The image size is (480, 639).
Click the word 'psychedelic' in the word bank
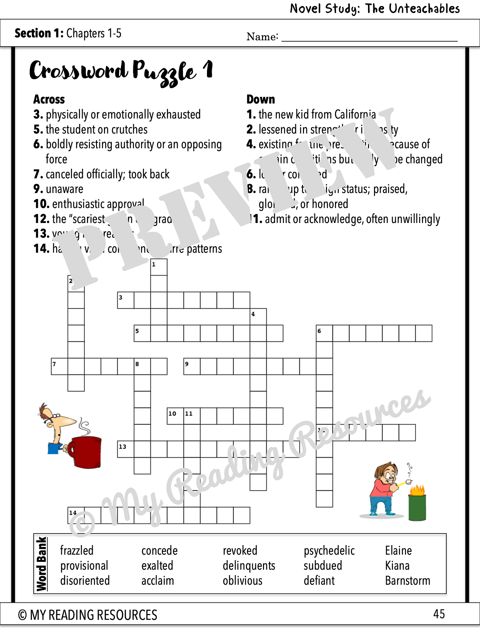[329, 551]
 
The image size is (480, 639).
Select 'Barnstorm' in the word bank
[407, 581]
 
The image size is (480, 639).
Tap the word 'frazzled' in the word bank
[77, 550]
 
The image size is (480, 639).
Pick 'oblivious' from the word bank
[242, 581]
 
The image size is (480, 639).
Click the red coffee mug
[85, 452]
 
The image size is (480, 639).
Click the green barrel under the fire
[417, 508]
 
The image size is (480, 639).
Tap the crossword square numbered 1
[159, 267]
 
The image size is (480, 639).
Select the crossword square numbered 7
[59, 366]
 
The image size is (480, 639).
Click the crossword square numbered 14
[76, 515]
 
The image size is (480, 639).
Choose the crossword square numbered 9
[192, 366]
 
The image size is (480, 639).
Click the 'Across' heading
[49, 100]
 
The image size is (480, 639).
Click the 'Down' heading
[261, 100]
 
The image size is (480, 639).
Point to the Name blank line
[369, 37]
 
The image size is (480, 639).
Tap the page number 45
[439, 614]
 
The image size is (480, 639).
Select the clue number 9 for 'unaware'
[38, 189]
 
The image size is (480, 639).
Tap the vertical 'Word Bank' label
[42, 564]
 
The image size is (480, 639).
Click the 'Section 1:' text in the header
[39, 34]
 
